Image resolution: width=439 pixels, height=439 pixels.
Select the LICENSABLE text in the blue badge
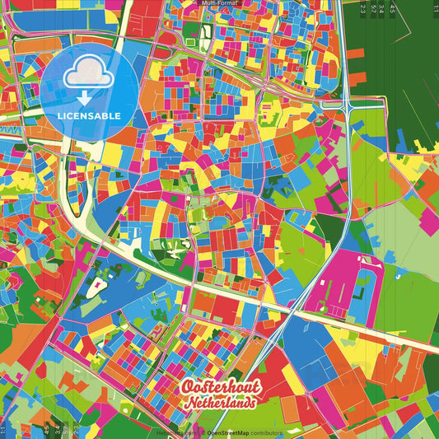tap(89, 115)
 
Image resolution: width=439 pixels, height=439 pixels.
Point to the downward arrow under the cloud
tap(82, 98)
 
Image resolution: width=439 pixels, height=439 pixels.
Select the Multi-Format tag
tap(219, 3)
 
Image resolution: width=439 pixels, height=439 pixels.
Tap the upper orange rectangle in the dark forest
tap(355, 54)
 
